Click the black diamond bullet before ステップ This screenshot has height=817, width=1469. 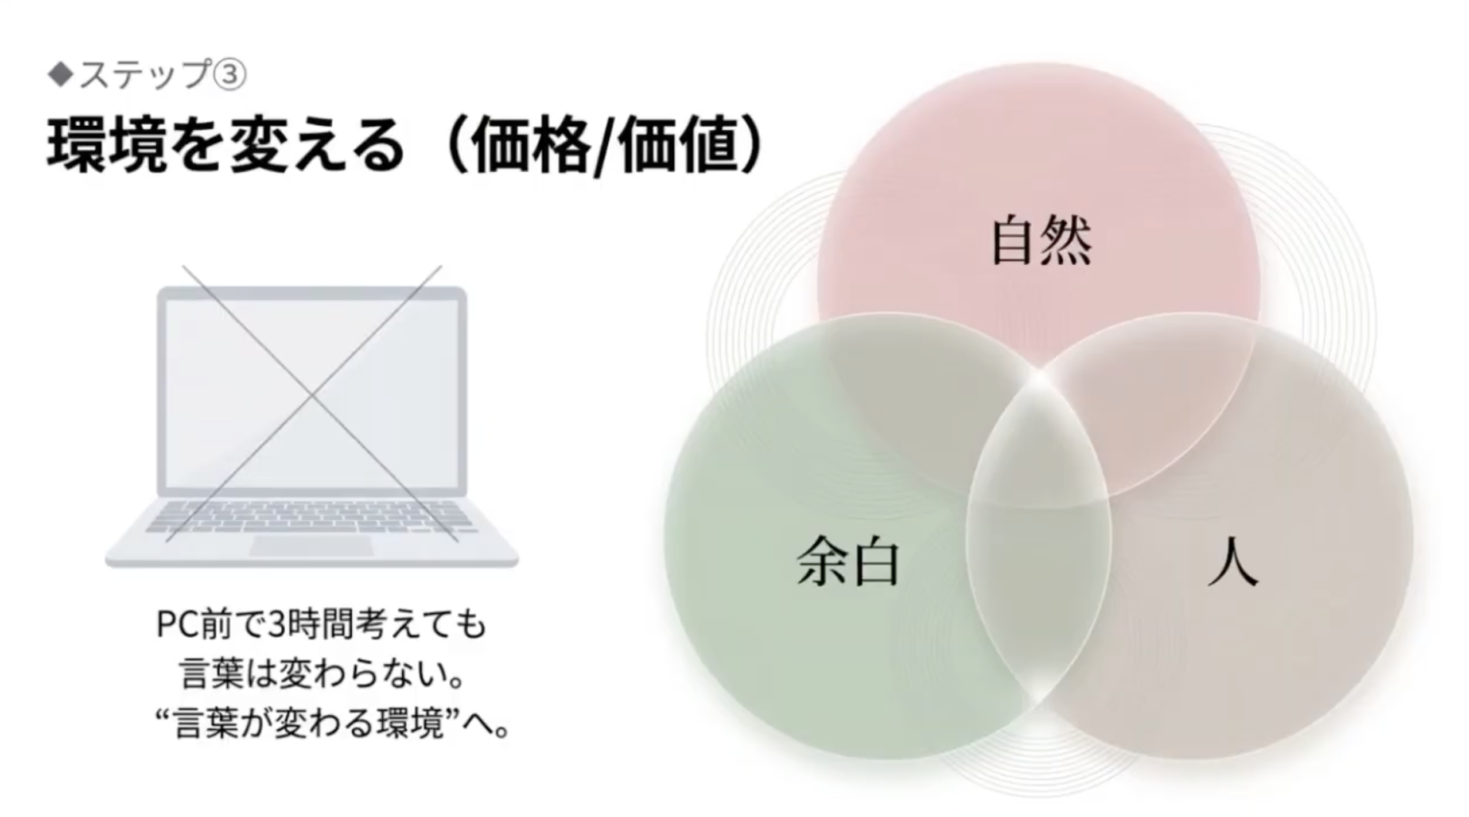coord(61,75)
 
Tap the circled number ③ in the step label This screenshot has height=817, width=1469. coord(230,76)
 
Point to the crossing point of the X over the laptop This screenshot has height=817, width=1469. coord(313,395)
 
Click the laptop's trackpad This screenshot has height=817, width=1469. coord(312,547)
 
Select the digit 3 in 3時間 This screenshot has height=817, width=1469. coord(277,625)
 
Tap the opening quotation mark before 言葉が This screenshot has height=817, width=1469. coord(164,716)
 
